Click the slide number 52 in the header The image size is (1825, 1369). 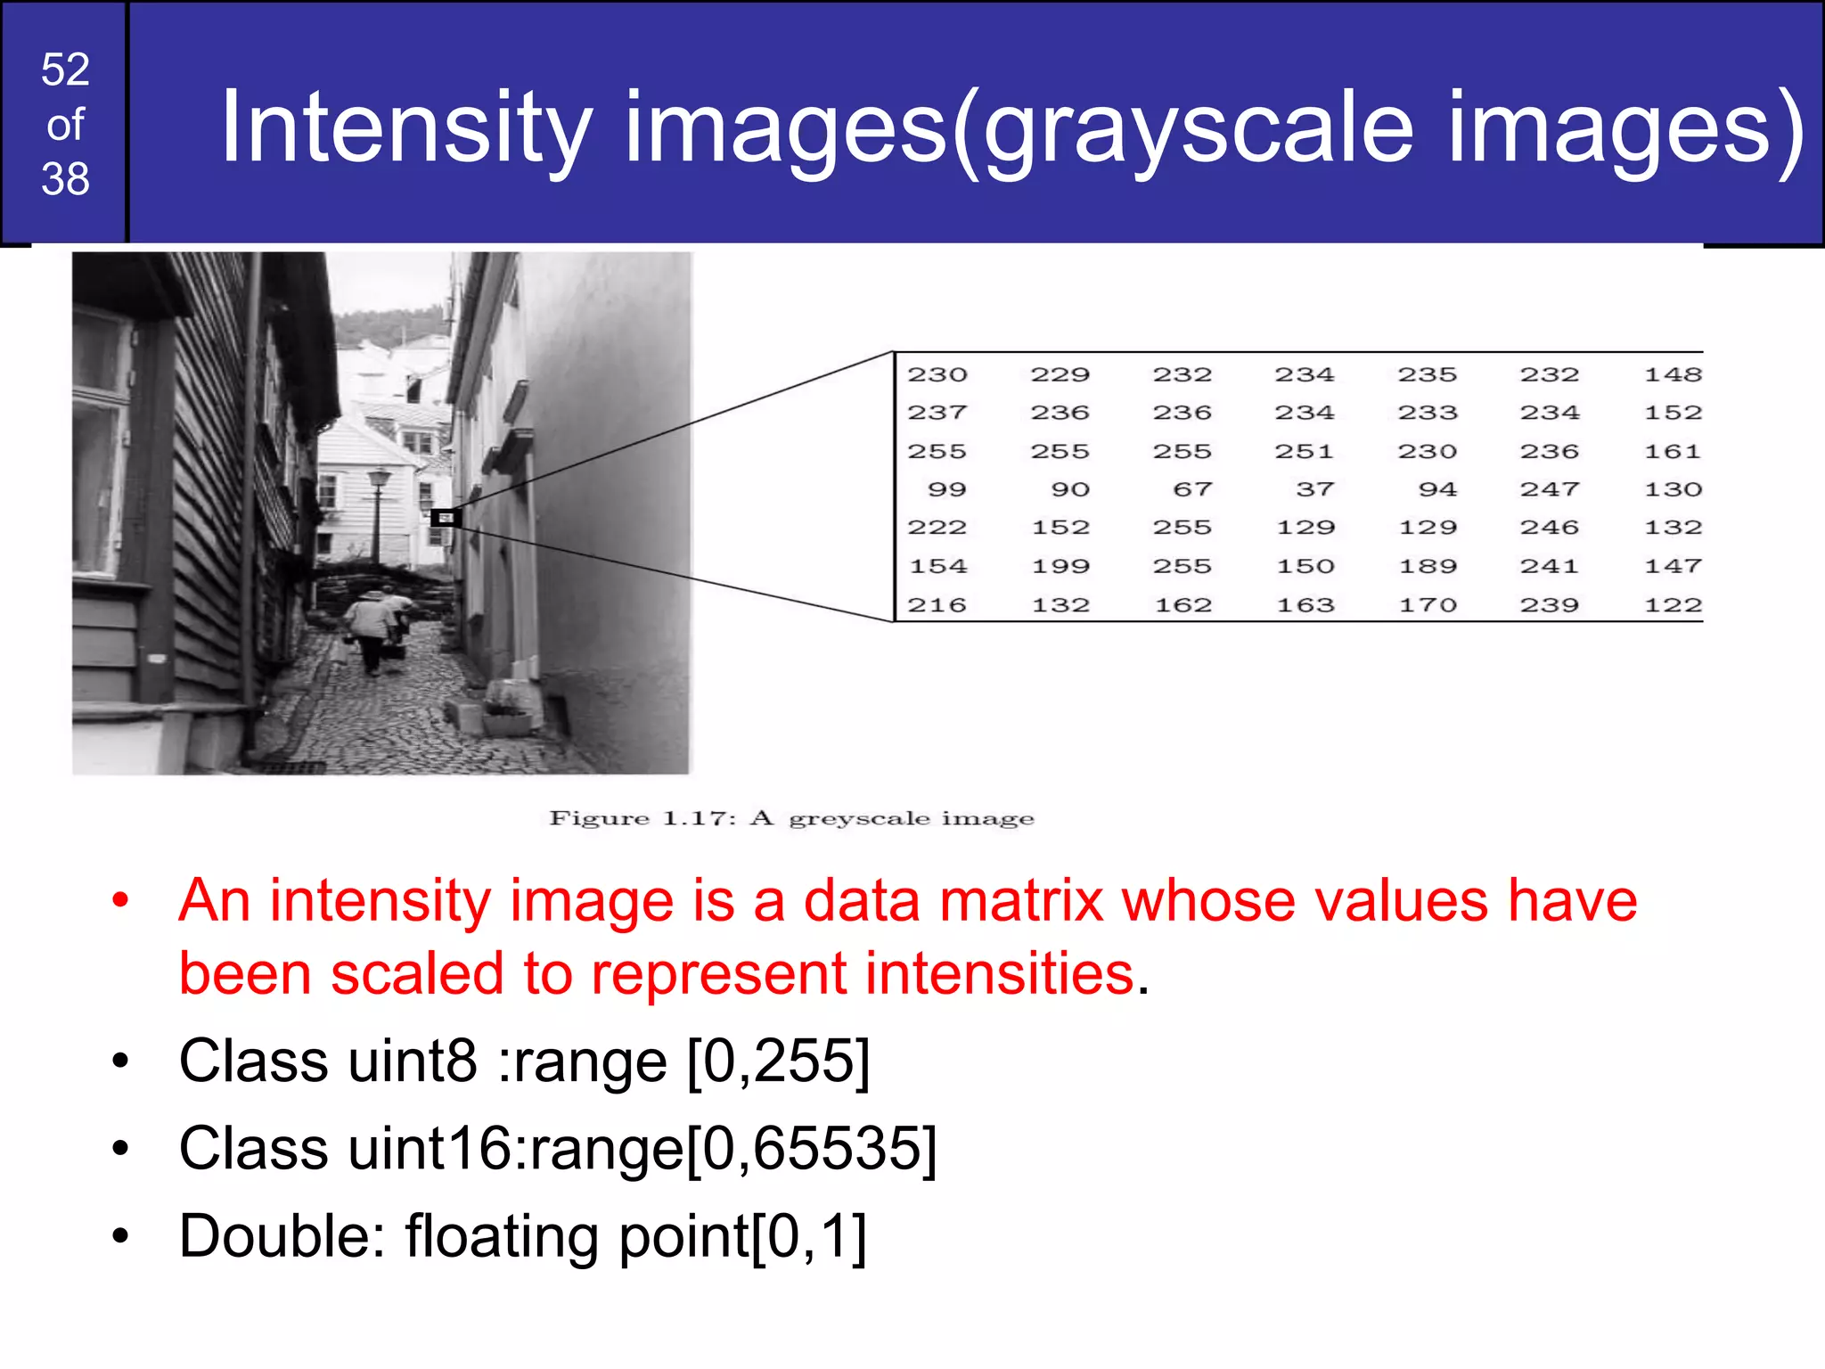pyautogui.click(x=65, y=70)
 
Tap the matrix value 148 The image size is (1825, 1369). pyautogui.click(x=1673, y=374)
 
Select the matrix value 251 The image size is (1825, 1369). pyautogui.click(x=1304, y=451)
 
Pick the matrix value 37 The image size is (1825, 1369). pyautogui.click(x=1314, y=489)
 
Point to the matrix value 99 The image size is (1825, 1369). pyautogui.click(x=946, y=489)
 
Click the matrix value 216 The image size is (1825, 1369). pyautogui.click(x=937, y=605)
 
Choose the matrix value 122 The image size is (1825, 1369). pyautogui.click(x=1673, y=605)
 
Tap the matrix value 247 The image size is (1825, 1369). pyautogui.click(x=1550, y=489)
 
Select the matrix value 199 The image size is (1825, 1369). pyautogui.click(x=1060, y=566)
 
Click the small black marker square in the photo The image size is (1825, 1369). pyautogui.click(x=445, y=517)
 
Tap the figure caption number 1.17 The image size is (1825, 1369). pyautogui.click(x=699, y=818)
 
